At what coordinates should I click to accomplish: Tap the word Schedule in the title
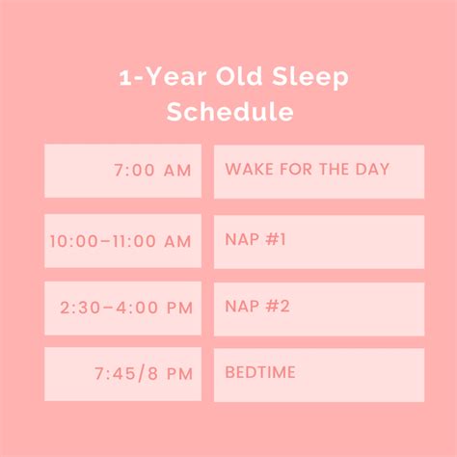[x=230, y=112]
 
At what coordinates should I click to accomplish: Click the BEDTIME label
[x=260, y=372]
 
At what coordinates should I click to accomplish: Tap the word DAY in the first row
[x=372, y=170]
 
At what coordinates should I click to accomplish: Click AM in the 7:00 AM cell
[x=176, y=171]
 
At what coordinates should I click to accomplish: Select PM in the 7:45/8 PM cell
[x=178, y=373]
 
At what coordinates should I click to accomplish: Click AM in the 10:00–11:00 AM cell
[x=177, y=242]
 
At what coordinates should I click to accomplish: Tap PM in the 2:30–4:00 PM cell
[x=179, y=309]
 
